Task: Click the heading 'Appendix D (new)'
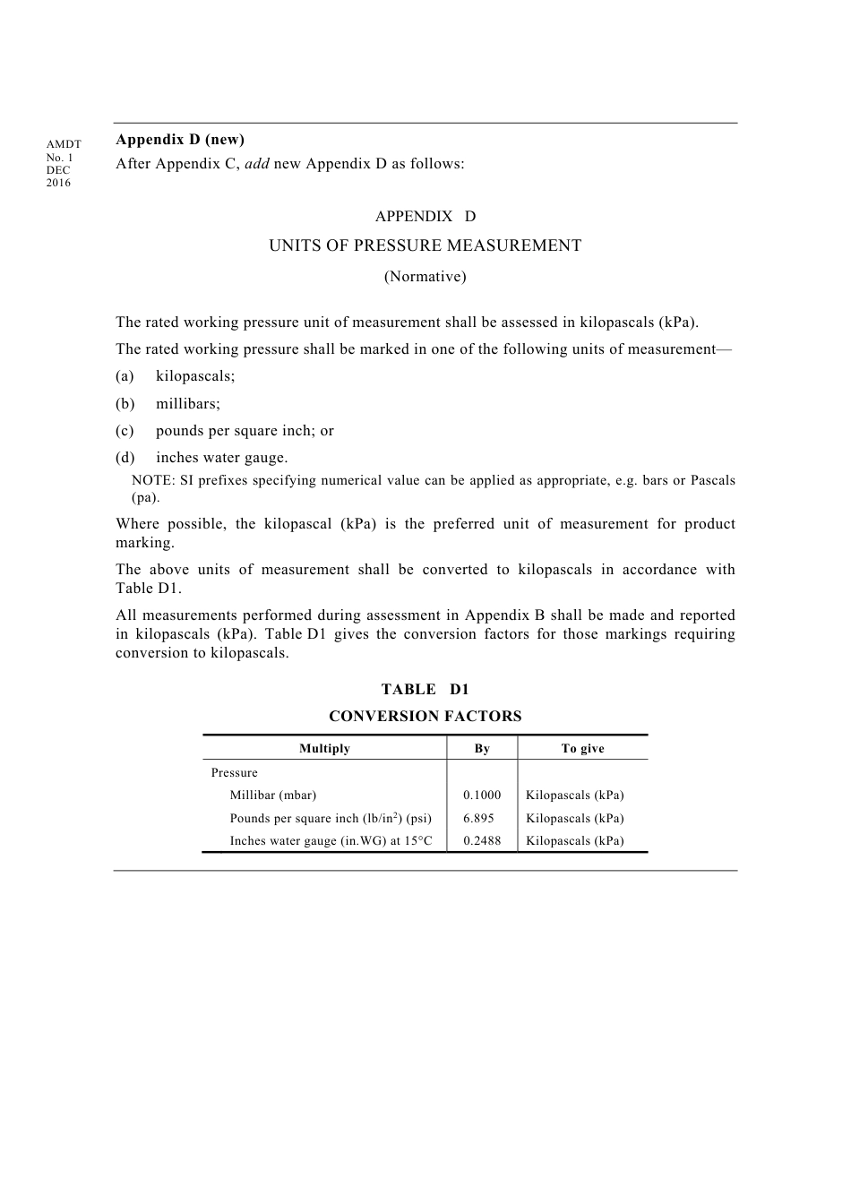pos(180,140)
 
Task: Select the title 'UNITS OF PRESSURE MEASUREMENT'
pos(425,245)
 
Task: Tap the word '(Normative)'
pos(425,277)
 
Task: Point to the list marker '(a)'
pos(125,376)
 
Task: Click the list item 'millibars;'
pos(188,404)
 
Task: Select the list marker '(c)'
pos(125,431)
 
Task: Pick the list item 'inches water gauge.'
pos(222,458)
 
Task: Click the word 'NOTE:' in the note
pos(153,480)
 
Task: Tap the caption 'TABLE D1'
pos(425,690)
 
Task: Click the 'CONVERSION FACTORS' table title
pos(425,717)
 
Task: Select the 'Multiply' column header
pos(324,749)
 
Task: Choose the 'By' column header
pos(482,749)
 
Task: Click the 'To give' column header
pos(582,749)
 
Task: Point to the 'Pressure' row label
pos(235,773)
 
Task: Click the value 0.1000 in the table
pos(482,795)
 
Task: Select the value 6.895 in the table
pos(478,819)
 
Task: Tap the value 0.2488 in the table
pos(482,841)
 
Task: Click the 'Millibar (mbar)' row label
pos(273,795)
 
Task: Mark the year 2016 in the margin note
pos(58,183)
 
